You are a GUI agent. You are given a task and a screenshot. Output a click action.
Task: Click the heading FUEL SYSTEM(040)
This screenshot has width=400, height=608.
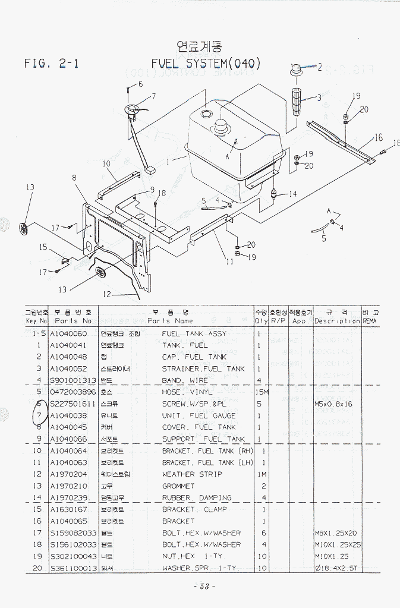205,64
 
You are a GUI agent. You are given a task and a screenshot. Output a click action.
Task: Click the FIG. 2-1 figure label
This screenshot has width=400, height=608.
52,64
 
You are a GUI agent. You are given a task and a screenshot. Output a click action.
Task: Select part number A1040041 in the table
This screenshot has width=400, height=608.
68,345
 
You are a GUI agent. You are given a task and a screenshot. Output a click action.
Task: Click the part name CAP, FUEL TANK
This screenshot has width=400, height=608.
194,357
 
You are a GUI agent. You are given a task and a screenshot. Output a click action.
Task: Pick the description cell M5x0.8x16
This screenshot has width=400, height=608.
333,404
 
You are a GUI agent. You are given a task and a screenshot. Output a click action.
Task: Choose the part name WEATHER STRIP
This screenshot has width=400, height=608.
192,474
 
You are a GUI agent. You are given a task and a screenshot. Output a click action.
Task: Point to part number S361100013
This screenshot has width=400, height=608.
73,568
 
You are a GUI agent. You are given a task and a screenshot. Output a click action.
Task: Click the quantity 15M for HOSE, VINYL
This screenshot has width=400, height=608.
260,392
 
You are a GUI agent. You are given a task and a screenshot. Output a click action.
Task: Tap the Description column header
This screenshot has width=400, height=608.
337,321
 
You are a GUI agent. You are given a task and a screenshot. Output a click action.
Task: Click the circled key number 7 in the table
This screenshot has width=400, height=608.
39,415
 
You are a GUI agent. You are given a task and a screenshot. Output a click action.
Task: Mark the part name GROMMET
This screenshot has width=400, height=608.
178,486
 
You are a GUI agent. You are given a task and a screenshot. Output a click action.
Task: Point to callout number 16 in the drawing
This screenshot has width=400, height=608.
379,138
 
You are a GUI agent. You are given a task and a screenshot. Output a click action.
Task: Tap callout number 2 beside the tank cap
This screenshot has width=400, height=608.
319,67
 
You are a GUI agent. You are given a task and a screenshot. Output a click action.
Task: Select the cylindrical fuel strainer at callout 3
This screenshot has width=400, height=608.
296,98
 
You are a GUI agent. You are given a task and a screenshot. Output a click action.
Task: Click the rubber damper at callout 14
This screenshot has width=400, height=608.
275,194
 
